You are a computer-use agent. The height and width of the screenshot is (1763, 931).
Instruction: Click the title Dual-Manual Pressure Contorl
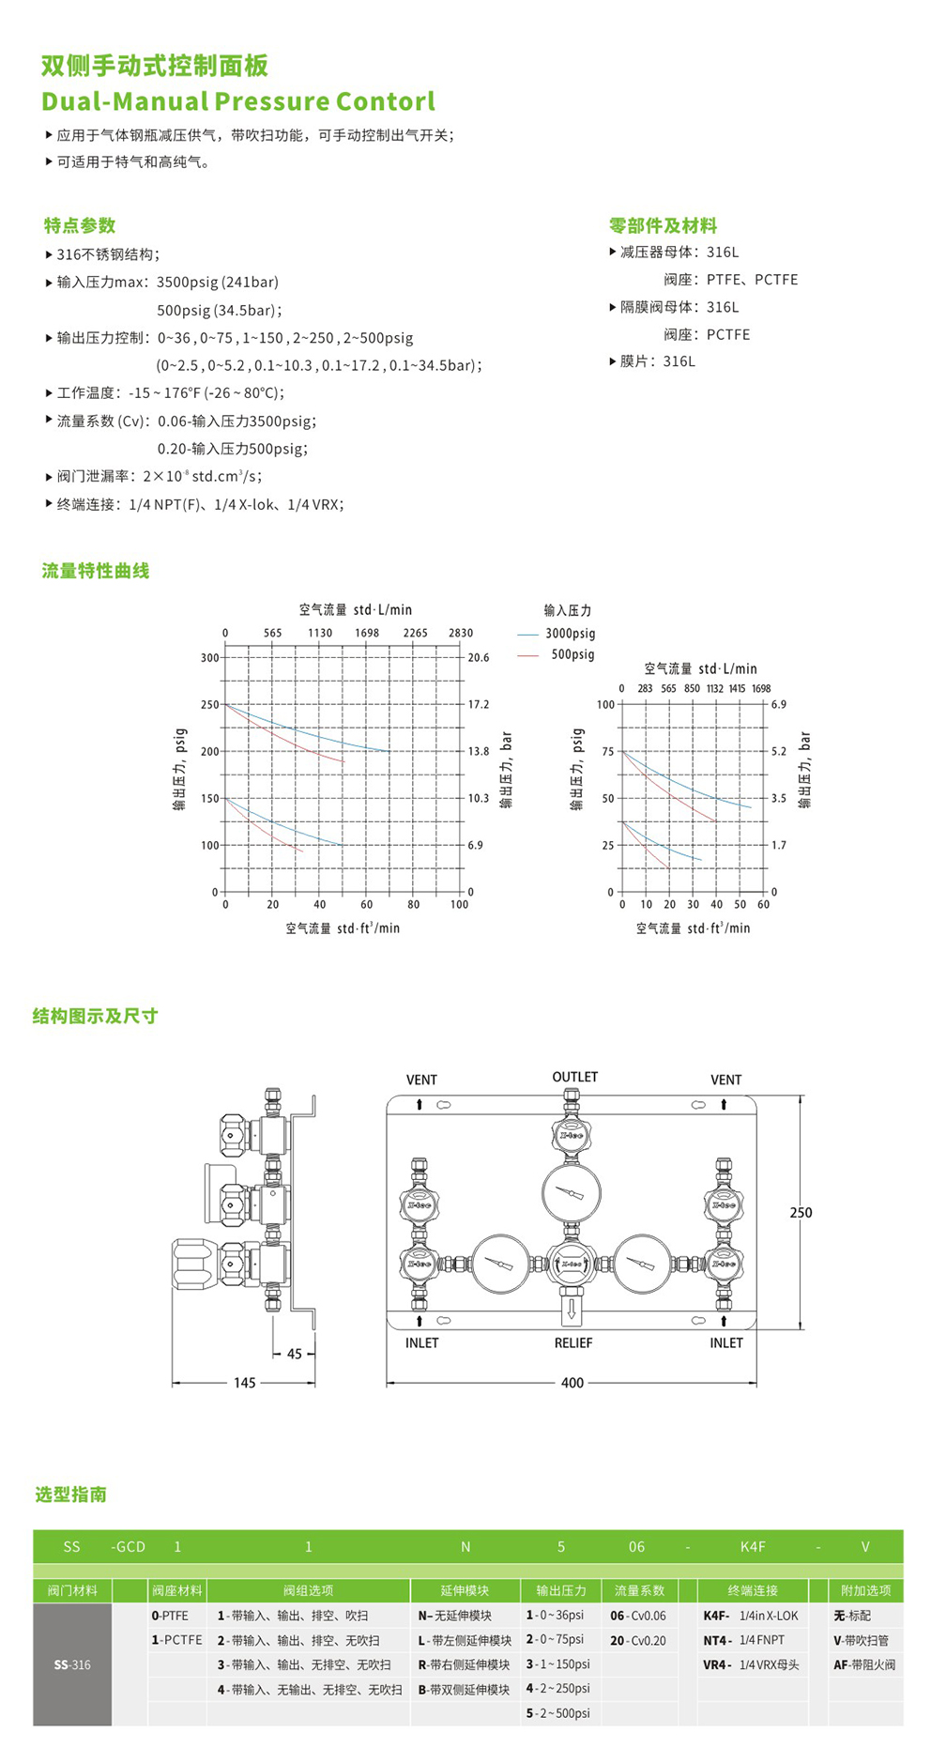click(238, 101)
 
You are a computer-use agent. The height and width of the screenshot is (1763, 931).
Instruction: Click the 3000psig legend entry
click(570, 634)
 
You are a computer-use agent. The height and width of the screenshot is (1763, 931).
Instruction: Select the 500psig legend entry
click(572, 654)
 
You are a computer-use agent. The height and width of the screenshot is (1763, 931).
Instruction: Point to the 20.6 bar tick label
click(479, 658)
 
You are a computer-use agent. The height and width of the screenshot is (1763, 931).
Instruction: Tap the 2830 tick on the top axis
click(461, 634)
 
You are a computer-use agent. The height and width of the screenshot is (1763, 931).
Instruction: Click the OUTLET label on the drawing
click(574, 1077)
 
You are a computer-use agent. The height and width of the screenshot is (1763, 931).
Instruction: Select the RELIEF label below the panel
click(572, 1343)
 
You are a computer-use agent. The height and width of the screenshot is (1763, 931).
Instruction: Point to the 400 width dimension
click(572, 1383)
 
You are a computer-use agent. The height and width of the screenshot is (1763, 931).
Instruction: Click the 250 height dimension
click(801, 1213)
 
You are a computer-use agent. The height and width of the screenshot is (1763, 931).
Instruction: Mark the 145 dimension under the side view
click(244, 1383)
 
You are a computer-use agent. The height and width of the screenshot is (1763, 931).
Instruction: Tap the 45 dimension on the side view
click(295, 1354)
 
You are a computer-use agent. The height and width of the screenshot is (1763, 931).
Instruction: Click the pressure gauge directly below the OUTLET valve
click(571, 1192)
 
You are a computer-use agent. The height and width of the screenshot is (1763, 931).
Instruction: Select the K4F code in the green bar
click(753, 1546)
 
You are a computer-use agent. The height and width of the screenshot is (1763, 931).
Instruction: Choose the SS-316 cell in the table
click(72, 1664)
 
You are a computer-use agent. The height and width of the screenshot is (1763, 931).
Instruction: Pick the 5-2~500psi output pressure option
click(557, 1713)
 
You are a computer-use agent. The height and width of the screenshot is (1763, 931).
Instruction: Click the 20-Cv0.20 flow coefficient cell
click(638, 1640)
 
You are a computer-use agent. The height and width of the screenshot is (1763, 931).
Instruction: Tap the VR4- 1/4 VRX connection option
click(751, 1664)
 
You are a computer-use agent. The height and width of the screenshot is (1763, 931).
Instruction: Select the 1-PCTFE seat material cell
click(176, 1640)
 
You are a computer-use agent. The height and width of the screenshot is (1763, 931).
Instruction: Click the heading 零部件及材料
click(663, 226)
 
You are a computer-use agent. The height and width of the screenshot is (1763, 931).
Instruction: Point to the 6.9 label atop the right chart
click(778, 704)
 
